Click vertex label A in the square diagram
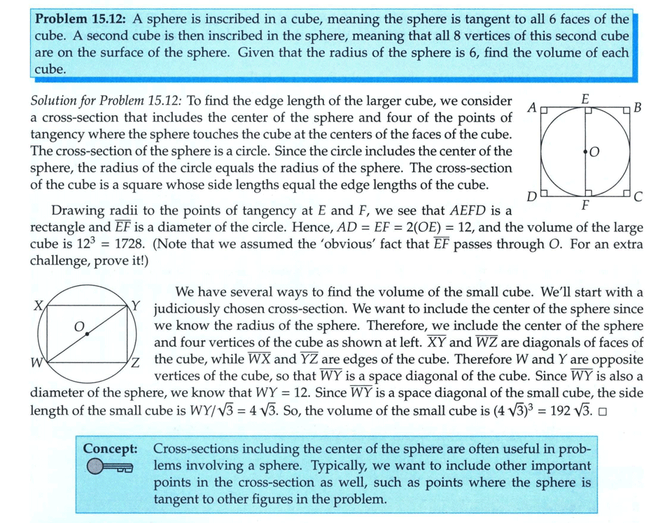(x=532, y=108)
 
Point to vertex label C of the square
(x=637, y=197)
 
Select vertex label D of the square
(x=532, y=197)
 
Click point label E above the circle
(x=584, y=99)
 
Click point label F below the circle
(x=584, y=207)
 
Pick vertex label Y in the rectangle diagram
(x=137, y=306)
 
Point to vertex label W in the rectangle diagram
(x=36, y=362)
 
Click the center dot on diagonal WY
(x=87, y=335)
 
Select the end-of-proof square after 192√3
(x=603, y=410)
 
